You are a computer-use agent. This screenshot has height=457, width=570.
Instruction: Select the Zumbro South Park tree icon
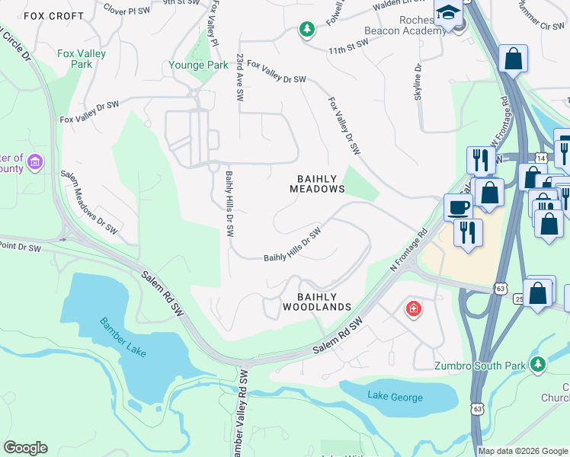pyautogui.click(x=539, y=365)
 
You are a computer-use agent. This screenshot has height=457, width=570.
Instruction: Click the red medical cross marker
pyautogui.click(x=413, y=309)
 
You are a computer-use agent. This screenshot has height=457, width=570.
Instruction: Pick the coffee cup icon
pyautogui.click(x=458, y=206)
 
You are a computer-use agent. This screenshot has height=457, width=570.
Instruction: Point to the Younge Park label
pyautogui.click(x=197, y=66)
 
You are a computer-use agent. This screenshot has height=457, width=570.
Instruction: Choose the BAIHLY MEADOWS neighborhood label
pyautogui.click(x=317, y=184)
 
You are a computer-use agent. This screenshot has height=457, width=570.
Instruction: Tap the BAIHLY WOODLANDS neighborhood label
pyautogui.click(x=317, y=302)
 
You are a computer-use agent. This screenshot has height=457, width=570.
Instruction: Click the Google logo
pyautogui.click(x=25, y=448)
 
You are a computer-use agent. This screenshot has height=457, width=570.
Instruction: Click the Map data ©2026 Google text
pyautogui.click(x=522, y=451)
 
